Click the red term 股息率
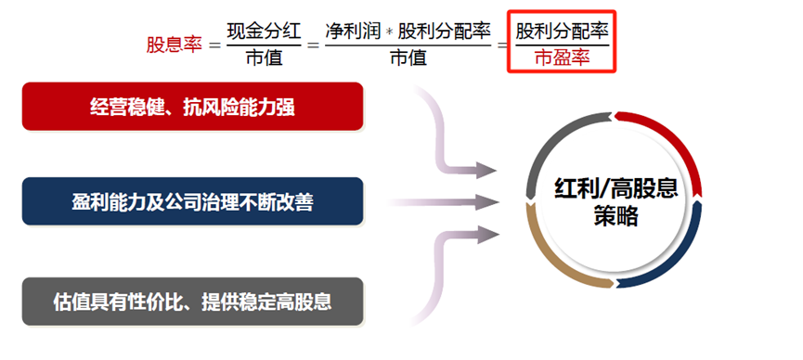point(174,45)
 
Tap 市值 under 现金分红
point(265,58)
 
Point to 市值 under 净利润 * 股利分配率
point(408,58)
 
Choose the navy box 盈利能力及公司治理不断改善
point(192,200)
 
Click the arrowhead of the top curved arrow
point(487,171)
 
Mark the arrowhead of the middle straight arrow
point(487,199)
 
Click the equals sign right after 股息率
point(214,45)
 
